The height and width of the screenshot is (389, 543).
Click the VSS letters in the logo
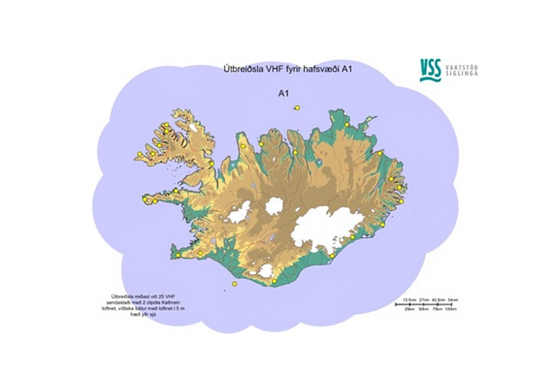point(430,67)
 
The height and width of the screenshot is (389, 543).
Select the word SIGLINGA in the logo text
point(462,73)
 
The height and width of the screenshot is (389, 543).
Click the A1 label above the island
point(283,94)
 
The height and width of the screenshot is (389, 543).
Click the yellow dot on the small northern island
point(297,108)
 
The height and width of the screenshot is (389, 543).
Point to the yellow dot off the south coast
point(235,284)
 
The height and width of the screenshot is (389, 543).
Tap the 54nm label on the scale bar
point(453,300)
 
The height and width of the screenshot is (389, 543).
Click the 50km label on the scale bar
point(424,309)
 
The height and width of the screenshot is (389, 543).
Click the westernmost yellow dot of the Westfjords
point(140,154)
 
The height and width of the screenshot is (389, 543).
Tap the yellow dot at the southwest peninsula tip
point(178,255)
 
